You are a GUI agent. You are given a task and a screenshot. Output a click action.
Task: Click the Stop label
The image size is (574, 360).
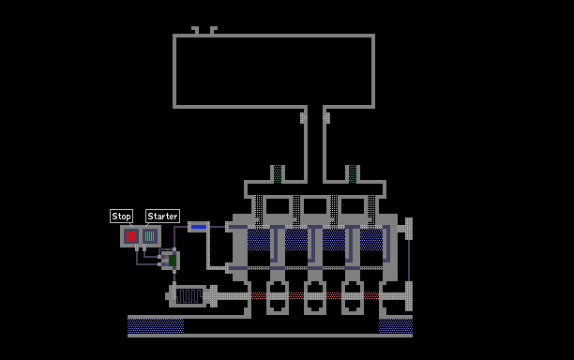coord(121,217)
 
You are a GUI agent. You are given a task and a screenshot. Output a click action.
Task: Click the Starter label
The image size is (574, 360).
coord(162,217)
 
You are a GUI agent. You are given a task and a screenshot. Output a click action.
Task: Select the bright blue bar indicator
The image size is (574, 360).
coord(199,227)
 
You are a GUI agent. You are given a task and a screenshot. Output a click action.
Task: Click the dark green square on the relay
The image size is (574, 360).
coord(173,261)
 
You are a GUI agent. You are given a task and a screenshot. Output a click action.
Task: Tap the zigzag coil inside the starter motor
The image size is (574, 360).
coord(189,296)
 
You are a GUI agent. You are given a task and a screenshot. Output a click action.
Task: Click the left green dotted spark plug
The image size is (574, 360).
coord(278,174)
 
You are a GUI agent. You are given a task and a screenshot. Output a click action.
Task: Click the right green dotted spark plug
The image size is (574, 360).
coord(353,174)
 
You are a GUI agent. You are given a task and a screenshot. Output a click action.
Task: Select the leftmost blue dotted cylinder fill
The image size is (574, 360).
coord(259,240)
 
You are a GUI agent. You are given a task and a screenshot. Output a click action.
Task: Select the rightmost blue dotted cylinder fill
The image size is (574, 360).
coord(371,240)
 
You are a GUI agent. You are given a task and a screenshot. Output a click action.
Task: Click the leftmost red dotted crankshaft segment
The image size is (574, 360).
coord(259,295)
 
